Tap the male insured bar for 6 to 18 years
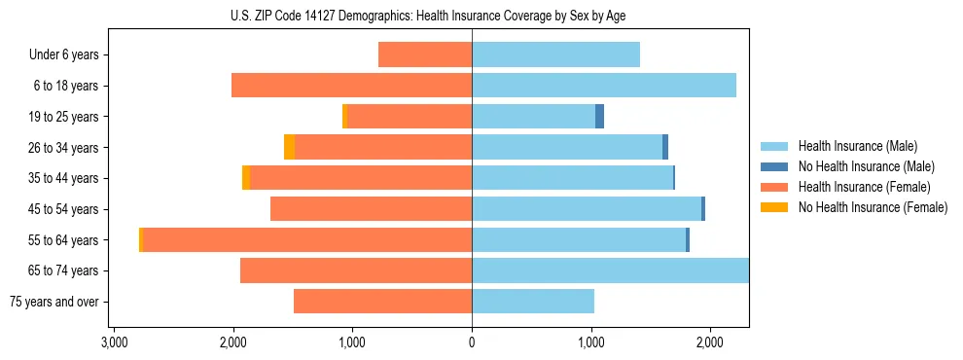point(603,86)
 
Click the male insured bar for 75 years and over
point(533,302)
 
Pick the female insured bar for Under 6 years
point(425,54)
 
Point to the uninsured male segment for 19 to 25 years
point(599,117)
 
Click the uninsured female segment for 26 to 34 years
point(289,147)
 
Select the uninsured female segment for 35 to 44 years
point(246,178)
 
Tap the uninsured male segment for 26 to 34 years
point(665,147)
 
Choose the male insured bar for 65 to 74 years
point(610,270)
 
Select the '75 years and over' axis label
point(54,302)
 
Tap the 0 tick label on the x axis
point(472,342)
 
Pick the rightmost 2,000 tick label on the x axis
point(709,342)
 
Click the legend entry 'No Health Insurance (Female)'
point(873,207)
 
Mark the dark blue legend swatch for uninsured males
point(774,166)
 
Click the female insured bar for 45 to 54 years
point(371,209)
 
